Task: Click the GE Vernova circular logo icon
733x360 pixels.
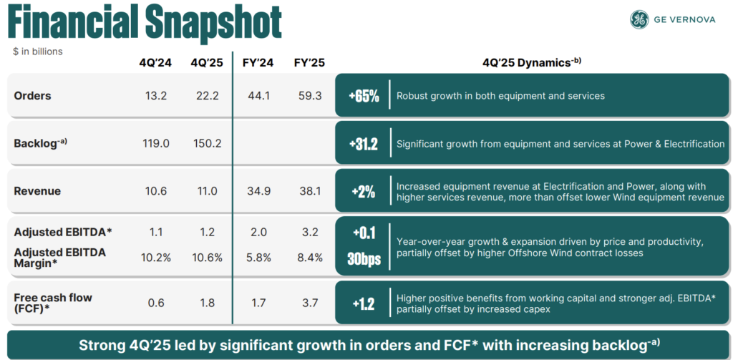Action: point(639,20)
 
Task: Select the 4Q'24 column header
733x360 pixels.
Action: point(155,62)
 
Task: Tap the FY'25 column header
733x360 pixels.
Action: point(309,62)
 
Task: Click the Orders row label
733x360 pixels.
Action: point(33,95)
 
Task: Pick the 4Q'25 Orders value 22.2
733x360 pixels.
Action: point(206,95)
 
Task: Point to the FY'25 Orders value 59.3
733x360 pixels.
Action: point(309,95)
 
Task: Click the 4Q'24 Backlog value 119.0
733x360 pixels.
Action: point(155,143)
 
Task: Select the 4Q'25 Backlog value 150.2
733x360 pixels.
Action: point(206,143)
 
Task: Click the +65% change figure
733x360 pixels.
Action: point(364,96)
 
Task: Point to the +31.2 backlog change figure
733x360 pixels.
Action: point(364,144)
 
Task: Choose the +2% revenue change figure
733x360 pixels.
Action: point(364,192)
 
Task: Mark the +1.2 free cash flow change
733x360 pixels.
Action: point(364,303)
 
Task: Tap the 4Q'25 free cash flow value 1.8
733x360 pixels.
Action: point(206,303)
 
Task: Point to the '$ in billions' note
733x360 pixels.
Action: point(37,51)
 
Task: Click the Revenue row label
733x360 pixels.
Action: point(37,191)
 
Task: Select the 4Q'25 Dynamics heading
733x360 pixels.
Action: point(532,62)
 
